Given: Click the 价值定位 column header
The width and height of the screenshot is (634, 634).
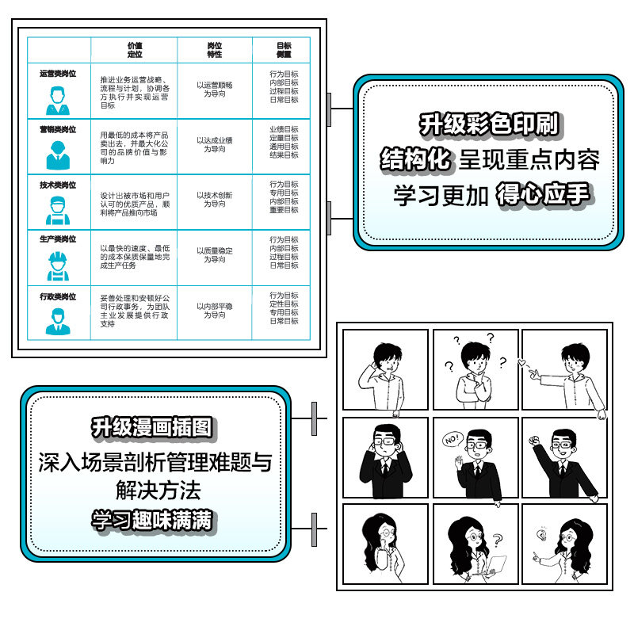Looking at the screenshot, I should [134, 50].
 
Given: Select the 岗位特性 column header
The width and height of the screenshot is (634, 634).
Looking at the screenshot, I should [214, 50].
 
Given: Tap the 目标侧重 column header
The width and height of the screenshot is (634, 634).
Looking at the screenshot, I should [284, 50].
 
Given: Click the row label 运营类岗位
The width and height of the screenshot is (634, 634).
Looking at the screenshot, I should [58, 74].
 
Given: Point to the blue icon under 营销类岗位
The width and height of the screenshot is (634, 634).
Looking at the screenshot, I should [57, 155].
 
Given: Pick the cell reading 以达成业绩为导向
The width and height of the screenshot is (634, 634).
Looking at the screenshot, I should [214, 144].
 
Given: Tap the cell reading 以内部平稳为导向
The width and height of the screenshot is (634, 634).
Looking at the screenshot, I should [214, 310].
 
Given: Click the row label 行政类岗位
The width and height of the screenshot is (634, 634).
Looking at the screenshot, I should [58, 296].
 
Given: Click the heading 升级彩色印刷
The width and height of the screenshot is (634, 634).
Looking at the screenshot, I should [489, 124].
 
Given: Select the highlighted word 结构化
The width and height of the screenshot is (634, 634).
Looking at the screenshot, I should [416, 159].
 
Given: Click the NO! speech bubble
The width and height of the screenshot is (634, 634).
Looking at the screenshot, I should [452, 438].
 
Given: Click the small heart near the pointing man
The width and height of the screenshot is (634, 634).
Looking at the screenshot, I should [520, 362].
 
